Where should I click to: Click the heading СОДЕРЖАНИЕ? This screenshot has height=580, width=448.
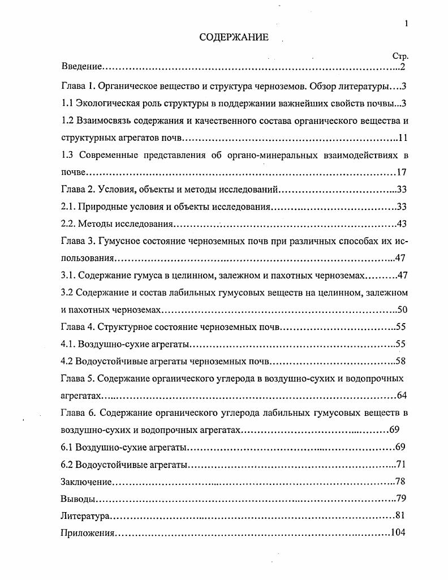click(x=234, y=37)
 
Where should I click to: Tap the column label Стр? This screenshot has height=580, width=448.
click(x=400, y=57)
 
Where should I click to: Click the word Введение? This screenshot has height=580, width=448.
click(x=81, y=67)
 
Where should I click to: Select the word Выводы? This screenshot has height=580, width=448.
click(x=77, y=500)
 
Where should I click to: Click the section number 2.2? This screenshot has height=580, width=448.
click(x=68, y=224)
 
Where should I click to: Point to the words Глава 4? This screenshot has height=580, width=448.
click(x=77, y=327)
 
